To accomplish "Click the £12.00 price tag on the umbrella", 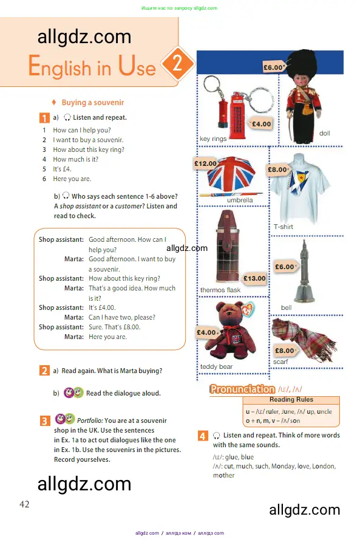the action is [x=205, y=163].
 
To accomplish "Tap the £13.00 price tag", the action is [x=254, y=278].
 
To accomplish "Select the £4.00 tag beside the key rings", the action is [x=261, y=124].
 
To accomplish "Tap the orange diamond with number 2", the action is [x=177, y=63].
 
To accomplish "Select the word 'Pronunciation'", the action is [x=242, y=389].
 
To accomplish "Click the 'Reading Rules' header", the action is [x=291, y=400].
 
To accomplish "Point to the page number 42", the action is [x=24, y=504].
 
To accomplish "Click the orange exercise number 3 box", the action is [x=45, y=420].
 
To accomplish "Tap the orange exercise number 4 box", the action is [x=203, y=436].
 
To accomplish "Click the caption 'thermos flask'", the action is [x=220, y=290].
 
